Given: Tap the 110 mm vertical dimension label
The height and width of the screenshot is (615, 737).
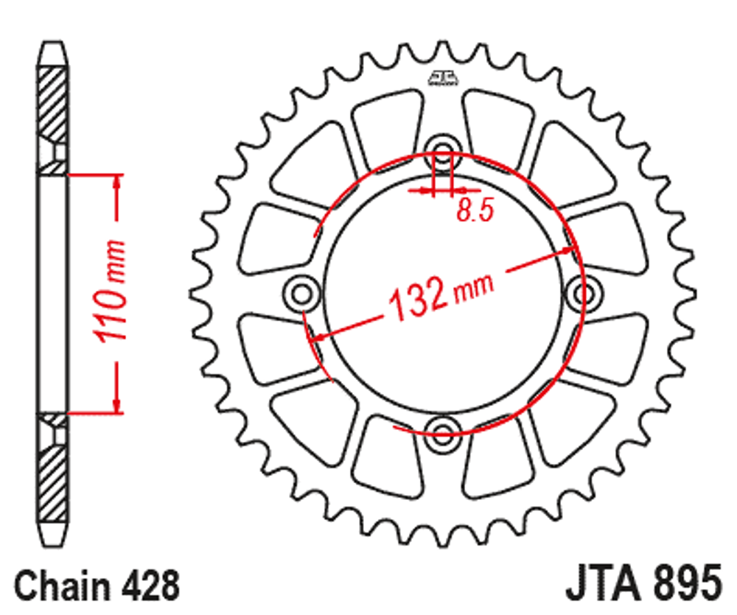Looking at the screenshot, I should (x=110, y=291).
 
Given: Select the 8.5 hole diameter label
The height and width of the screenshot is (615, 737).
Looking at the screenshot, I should (x=474, y=211).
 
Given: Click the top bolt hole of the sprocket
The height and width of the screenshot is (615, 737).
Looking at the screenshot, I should (x=442, y=152).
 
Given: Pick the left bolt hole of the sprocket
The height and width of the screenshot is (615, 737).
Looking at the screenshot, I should (x=301, y=294).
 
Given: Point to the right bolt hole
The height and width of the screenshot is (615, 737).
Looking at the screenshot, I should (x=584, y=294).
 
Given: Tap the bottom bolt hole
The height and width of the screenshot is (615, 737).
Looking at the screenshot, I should (x=442, y=432).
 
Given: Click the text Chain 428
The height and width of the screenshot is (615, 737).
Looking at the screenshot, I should (x=97, y=587).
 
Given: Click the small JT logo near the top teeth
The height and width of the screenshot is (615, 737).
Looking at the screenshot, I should (x=442, y=79).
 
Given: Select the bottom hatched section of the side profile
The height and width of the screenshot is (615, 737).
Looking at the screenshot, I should (x=52, y=479).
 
